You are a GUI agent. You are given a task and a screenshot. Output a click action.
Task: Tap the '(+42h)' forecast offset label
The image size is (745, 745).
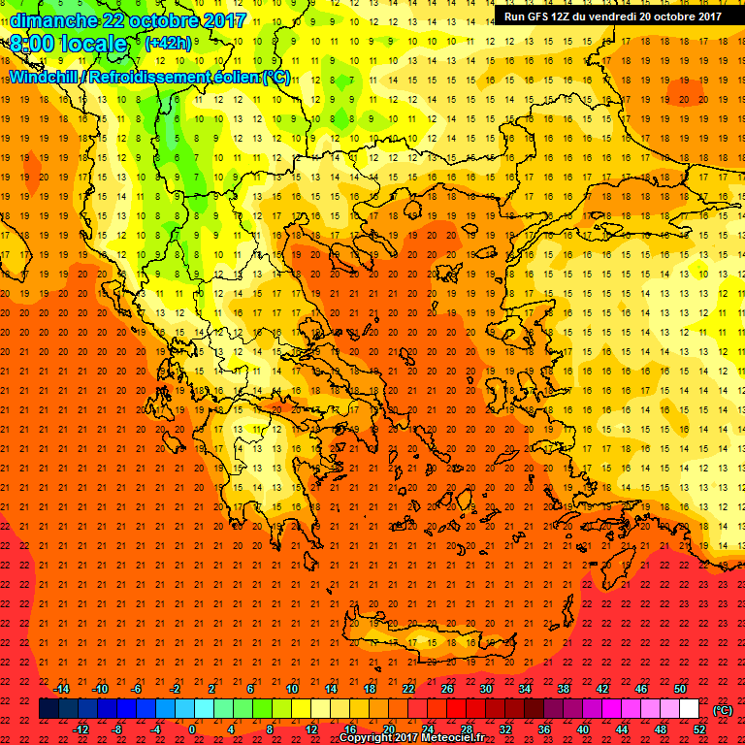167,44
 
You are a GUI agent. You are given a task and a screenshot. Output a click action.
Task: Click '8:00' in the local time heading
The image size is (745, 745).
33,44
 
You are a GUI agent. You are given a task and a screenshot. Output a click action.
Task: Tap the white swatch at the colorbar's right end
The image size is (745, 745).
689,710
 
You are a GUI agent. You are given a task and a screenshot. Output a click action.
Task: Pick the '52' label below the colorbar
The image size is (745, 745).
698,729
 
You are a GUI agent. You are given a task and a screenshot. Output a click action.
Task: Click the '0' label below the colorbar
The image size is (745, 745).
193,729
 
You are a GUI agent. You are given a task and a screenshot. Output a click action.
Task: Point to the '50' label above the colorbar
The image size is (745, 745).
680,689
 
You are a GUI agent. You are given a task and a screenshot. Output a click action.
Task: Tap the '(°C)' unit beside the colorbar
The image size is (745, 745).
723,710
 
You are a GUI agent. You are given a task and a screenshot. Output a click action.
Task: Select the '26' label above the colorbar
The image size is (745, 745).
447,689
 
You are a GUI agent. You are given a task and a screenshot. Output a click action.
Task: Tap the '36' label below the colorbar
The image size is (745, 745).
544,729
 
